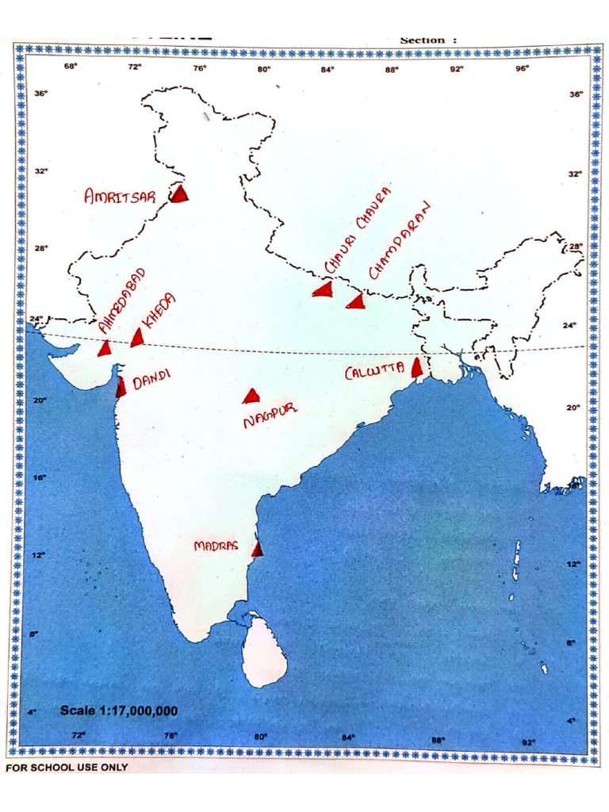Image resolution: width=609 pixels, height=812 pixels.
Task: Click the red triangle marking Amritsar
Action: point(181,193)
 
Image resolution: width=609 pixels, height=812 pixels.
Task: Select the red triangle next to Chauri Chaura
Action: point(323,289)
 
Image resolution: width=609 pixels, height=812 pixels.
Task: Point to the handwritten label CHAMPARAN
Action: point(400,239)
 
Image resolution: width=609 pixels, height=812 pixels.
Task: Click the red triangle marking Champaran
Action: point(357,301)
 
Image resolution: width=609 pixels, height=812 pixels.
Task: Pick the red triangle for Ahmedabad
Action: point(105,348)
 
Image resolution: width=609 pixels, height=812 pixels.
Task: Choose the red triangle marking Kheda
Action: point(138,338)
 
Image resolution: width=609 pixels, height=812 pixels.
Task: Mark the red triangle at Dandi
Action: point(121,387)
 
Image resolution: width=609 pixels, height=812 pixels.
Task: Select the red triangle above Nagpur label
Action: point(251,396)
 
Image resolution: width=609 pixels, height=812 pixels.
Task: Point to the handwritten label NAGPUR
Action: point(270,417)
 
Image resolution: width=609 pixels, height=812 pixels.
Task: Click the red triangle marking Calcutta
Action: point(417,368)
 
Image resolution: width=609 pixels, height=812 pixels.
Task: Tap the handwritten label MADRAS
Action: point(216,546)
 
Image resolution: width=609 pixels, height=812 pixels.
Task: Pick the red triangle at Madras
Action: point(257,549)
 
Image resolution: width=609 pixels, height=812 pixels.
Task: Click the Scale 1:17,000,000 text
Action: point(119,710)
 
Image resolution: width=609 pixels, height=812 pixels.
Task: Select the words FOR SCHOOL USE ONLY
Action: point(67,768)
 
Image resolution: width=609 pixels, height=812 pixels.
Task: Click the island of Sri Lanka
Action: point(262,654)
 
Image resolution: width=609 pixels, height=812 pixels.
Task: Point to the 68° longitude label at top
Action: point(71,67)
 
